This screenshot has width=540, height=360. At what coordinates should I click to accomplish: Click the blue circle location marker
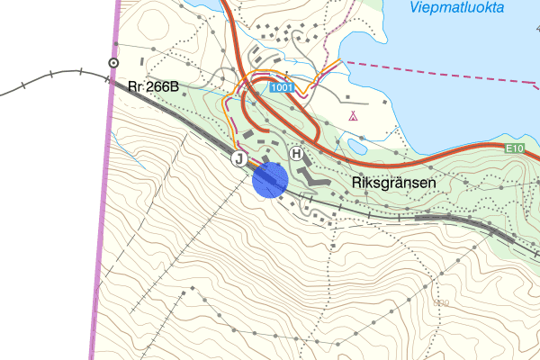tap(270, 179)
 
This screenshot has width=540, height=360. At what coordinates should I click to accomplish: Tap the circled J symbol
tap(239, 159)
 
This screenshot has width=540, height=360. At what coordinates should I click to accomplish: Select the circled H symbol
tap(296, 155)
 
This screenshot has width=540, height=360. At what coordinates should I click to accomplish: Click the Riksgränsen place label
tap(393, 182)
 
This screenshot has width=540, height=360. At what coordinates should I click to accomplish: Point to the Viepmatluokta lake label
tap(457, 8)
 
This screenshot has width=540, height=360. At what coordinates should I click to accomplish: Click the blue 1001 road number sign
tap(281, 86)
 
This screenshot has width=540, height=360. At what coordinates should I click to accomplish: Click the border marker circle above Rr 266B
tap(113, 63)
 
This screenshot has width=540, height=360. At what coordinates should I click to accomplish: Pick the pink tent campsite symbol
tap(354, 116)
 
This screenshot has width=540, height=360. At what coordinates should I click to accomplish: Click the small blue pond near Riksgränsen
tap(356, 146)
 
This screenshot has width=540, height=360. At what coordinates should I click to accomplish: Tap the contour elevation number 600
tap(440, 302)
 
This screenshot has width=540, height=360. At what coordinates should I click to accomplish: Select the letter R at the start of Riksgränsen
tap(355, 182)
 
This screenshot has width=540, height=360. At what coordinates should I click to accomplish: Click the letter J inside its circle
tap(239, 159)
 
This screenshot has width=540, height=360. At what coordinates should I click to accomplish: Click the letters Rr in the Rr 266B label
tap(135, 86)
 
